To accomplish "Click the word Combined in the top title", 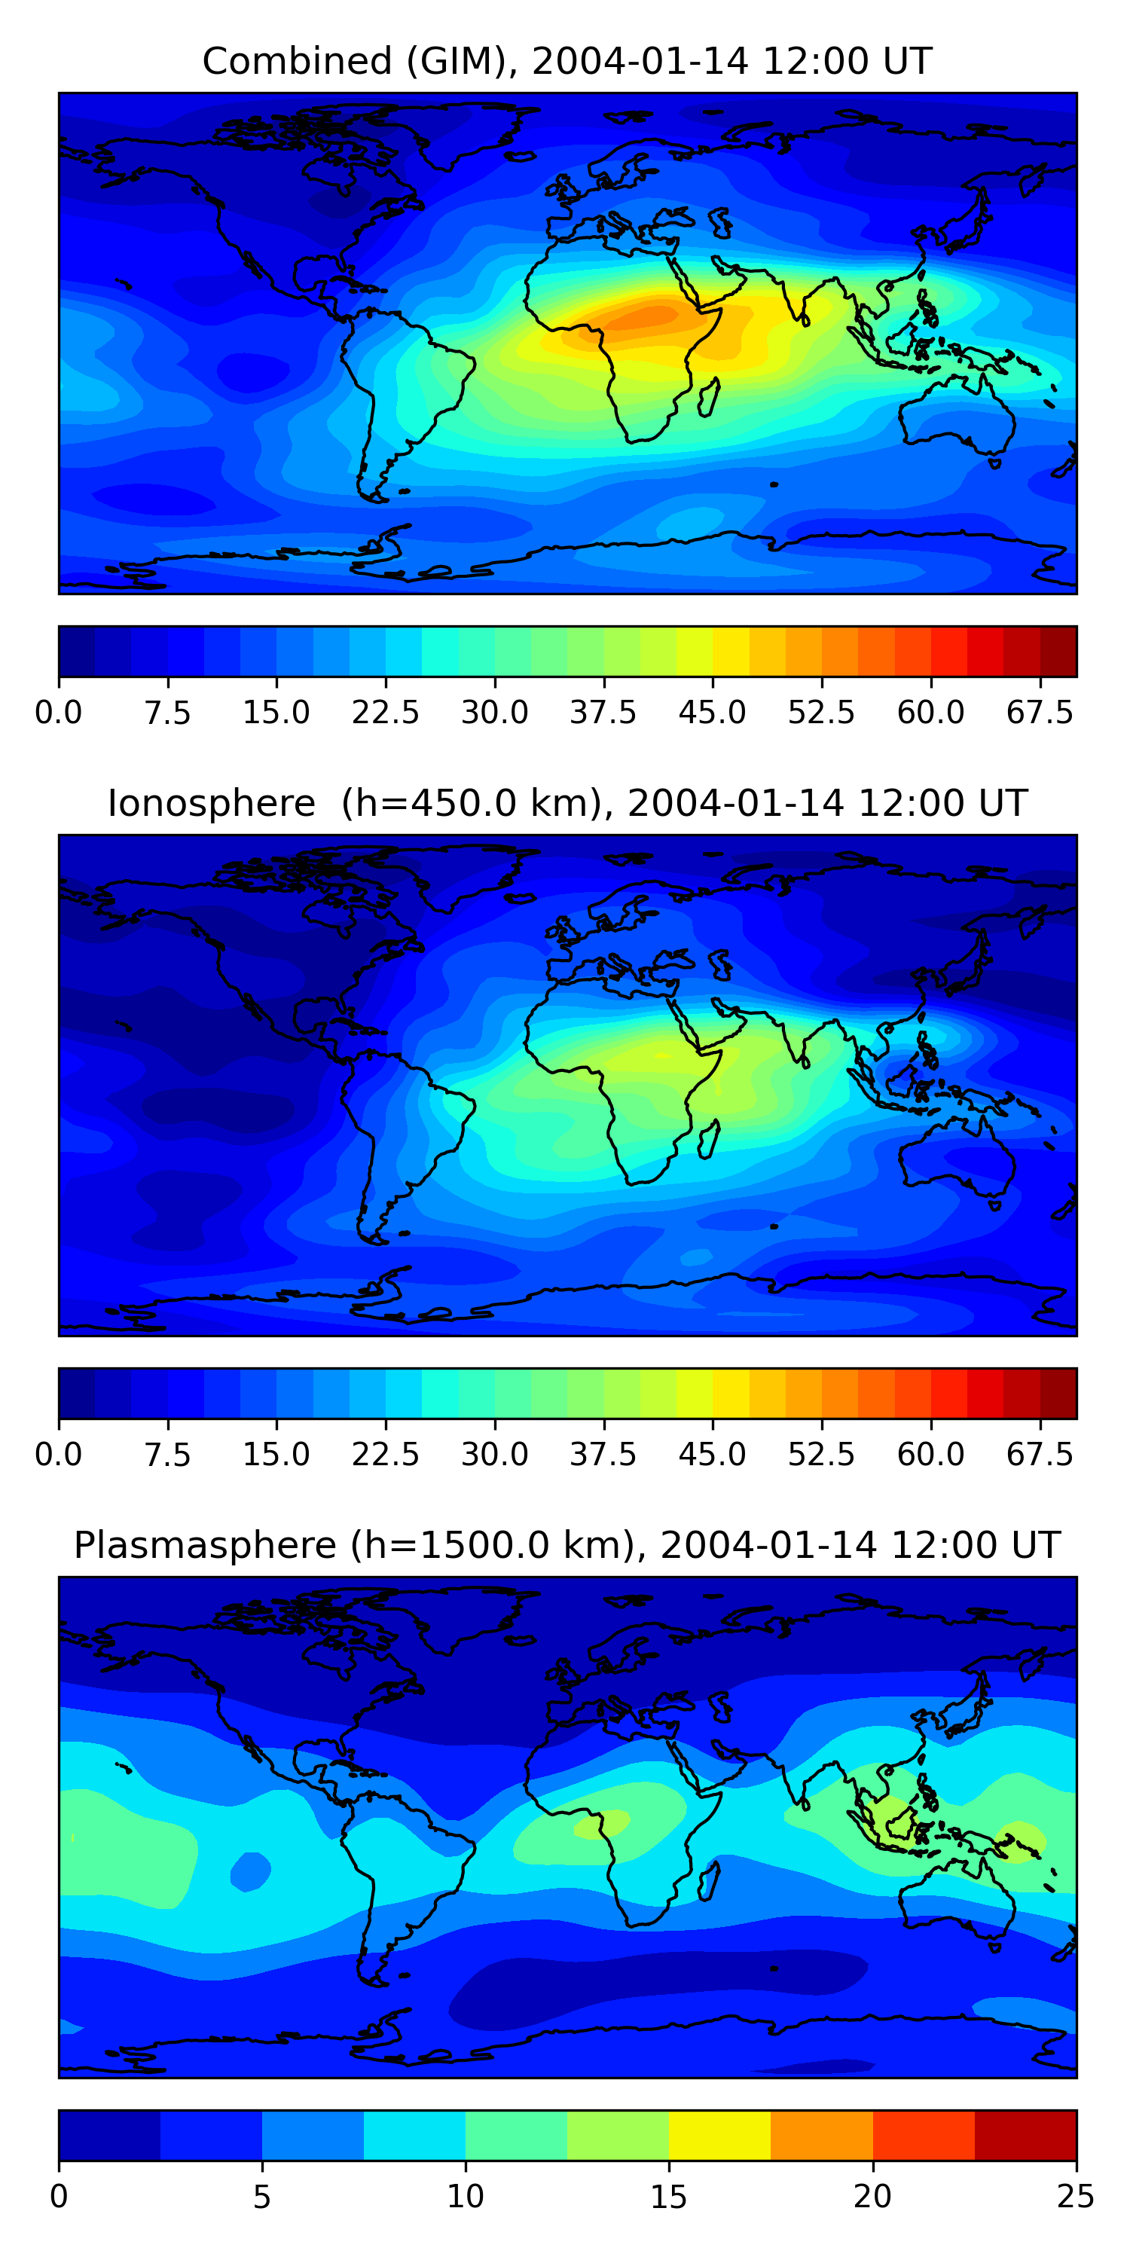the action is tap(298, 63).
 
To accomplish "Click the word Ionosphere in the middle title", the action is tap(212, 804).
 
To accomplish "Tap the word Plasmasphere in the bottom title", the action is tap(206, 1546).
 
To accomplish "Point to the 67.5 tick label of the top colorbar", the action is tap(1040, 713).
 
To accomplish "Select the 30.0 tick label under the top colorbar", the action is tap(495, 713).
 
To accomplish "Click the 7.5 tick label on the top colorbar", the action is tap(167, 713).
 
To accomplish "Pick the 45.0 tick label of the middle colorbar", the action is tap(713, 1455).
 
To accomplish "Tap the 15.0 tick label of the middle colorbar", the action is tap(276, 1455).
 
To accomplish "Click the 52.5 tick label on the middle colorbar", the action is tap(821, 1455).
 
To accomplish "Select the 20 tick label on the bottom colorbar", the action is tap(872, 2197).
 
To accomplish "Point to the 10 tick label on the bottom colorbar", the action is tap(465, 2197).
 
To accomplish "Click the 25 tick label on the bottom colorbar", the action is tap(1076, 2197).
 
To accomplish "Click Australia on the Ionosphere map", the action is tap(956, 1153).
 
